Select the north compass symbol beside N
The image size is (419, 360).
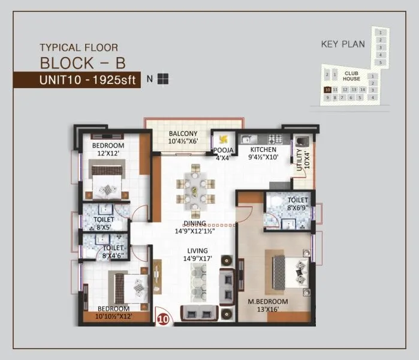163,79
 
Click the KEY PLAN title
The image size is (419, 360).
343,44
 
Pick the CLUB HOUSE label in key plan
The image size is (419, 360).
352,76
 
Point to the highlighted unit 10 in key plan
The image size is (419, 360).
327,89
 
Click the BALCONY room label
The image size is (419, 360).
183,137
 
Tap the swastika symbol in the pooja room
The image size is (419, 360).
225,138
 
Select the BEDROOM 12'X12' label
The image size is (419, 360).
108,149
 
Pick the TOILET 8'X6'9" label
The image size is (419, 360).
297,204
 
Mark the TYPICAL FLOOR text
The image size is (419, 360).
79,47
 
